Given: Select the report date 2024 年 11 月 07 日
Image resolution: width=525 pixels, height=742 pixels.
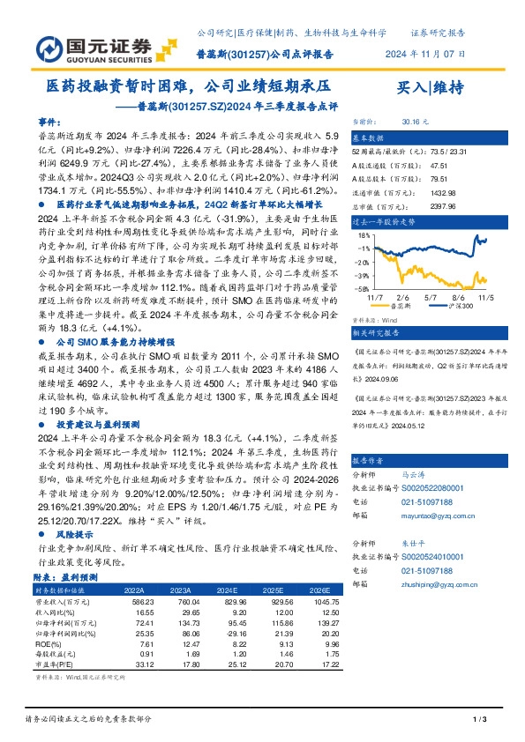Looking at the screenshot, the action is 425,53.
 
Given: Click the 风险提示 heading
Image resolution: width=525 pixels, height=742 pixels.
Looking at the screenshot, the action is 72,535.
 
